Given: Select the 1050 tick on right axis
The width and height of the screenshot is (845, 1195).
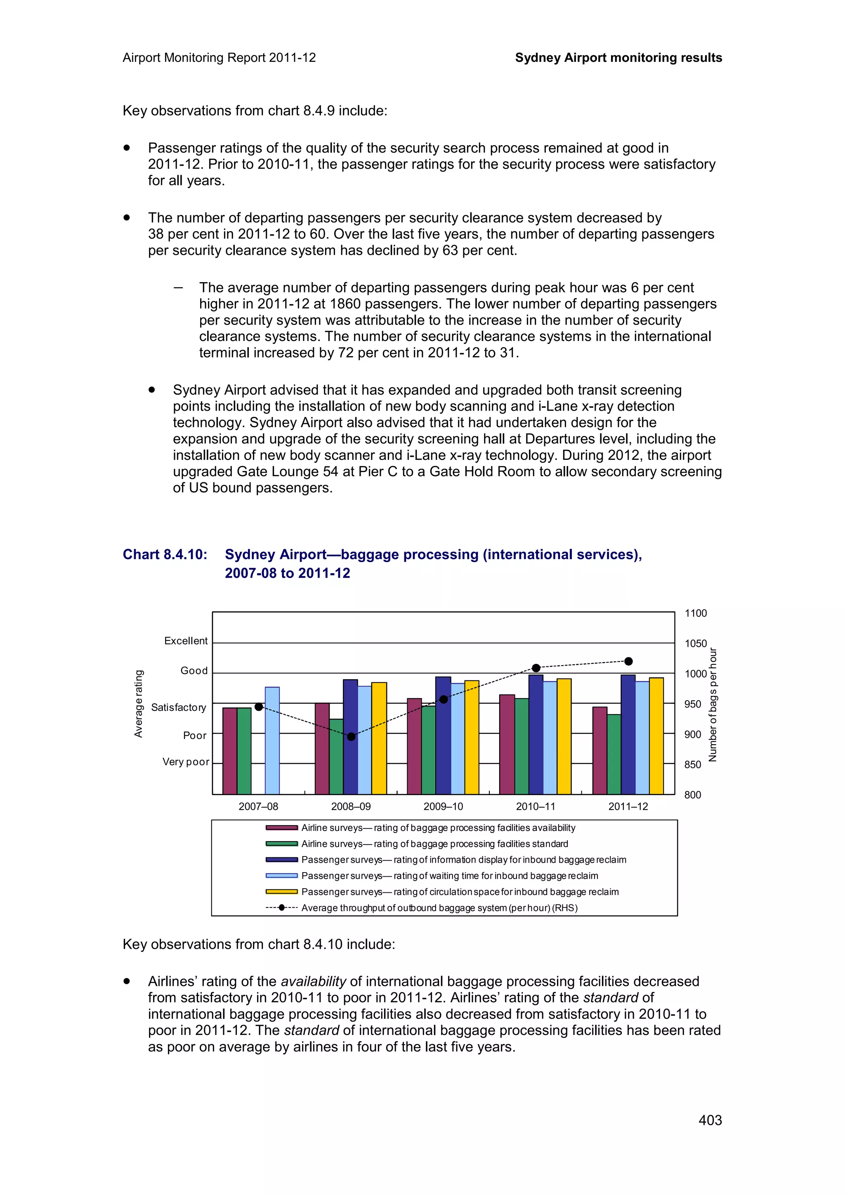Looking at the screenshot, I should [x=695, y=643].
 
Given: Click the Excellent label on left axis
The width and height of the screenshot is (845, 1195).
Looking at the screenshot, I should [x=185, y=641].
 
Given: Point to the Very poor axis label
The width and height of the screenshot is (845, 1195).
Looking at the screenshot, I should [x=185, y=762].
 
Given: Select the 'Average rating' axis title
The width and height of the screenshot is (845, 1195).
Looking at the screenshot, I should [x=139, y=703].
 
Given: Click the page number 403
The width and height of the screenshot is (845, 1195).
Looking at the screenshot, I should [x=710, y=1120].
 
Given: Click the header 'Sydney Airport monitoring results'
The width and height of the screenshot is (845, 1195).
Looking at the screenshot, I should [x=618, y=58].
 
